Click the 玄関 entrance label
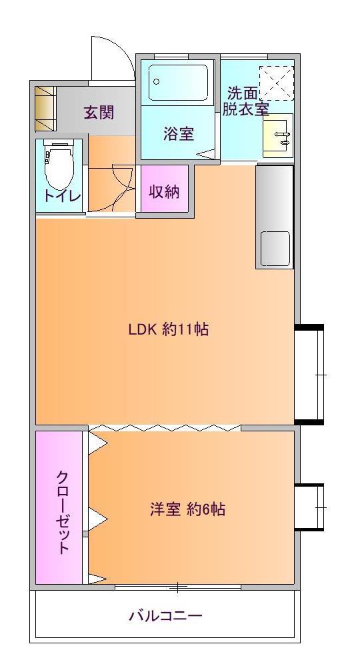click(x=99, y=113)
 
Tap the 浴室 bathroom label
click(x=178, y=133)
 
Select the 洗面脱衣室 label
click(x=245, y=101)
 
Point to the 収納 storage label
click(x=164, y=191)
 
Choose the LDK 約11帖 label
click(x=169, y=329)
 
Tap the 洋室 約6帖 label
click(x=187, y=509)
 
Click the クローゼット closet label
click(x=63, y=513)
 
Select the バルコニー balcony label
click(x=166, y=615)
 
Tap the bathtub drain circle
click(x=157, y=82)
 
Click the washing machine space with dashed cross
click(x=276, y=83)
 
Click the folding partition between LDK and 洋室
click(x=165, y=428)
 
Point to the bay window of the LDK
click(x=309, y=374)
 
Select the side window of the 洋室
click(x=309, y=507)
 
